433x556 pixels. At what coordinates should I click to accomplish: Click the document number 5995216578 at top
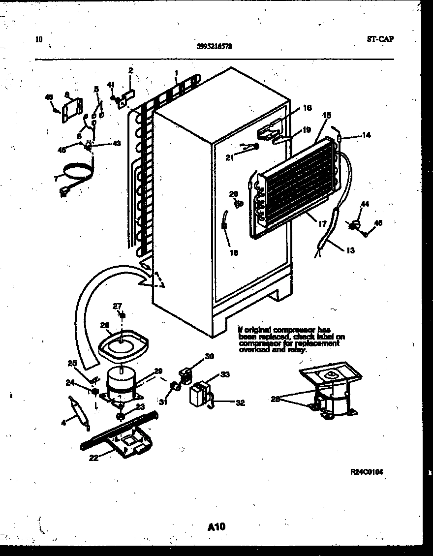pyautogui.click(x=214, y=47)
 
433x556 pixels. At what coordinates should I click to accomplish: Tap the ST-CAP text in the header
pyautogui.click(x=380, y=40)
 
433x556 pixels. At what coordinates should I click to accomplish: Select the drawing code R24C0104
pyautogui.click(x=366, y=471)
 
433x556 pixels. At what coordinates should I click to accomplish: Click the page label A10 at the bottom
pyautogui.click(x=216, y=527)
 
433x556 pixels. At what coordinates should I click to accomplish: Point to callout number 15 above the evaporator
pyautogui.click(x=327, y=115)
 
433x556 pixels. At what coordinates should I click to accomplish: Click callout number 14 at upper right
pyautogui.click(x=366, y=135)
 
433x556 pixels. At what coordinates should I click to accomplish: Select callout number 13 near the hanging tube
pyautogui.click(x=350, y=250)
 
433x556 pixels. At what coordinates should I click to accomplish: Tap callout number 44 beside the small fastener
pyautogui.click(x=365, y=204)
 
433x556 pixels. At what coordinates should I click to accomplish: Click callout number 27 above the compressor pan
pyautogui.click(x=117, y=306)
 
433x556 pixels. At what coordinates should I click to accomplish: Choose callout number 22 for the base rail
pyautogui.click(x=93, y=458)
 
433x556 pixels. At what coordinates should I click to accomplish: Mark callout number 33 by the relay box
pyautogui.click(x=225, y=374)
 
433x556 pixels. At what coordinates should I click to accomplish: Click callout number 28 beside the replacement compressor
pyautogui.click(x=275, y=399)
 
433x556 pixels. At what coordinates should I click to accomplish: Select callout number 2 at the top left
pyautogui.click(x=131, y=71)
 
